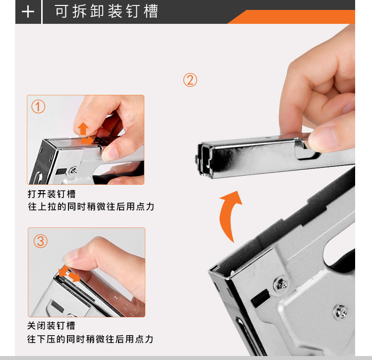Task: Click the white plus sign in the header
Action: coord(28,11)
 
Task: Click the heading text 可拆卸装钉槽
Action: coord(107,11)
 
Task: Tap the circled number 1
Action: coord(38,106)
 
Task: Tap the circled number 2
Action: coord(190,80)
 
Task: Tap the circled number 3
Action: coord(40,241)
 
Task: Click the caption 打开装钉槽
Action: coord(52,194)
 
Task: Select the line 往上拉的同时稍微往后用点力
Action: coord(91,207)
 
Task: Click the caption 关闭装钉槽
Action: coord(51,326)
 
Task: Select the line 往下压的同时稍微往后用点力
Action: coord(90,339)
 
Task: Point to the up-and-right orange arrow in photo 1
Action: coord(85,134)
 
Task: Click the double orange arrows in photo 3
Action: coord(69,274)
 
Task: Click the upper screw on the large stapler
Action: coord(281,284)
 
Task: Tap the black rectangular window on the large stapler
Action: coord(260,298)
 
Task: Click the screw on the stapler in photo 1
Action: coord(73,170)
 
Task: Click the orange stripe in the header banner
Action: coord(291,17)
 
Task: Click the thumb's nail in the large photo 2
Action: coord(324,137)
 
